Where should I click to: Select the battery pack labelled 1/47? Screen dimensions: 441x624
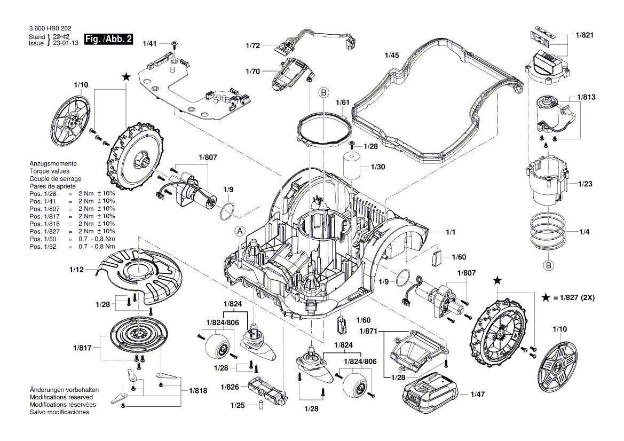[x=430, y=393]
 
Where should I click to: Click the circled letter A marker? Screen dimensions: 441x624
[x=240, y=231]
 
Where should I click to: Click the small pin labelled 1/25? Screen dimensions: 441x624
[x=260, y=405]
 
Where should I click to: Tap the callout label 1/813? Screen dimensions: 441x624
[x=586, y=98]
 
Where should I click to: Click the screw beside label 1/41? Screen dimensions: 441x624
[x=175, y=43]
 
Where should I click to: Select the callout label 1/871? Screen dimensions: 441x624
[x=368, y=332]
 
